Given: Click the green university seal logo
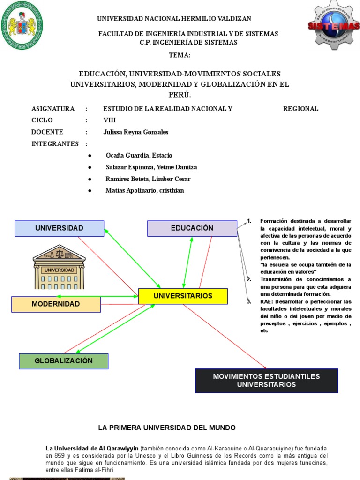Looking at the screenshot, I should click(x=22, y=25).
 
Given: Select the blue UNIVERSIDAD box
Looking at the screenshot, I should click(x=59, y=228).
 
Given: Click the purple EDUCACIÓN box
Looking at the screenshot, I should click(x=192, y=228).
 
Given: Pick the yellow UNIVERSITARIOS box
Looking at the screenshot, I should click(x=183, y=296).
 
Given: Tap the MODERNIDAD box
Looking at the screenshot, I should click(x=56, y=304).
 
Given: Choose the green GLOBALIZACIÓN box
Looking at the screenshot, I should click(x=64, y=361).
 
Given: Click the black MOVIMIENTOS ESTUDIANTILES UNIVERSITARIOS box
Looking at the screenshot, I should click(x=266, y=381).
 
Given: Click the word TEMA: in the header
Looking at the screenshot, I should click(x=180, y=55).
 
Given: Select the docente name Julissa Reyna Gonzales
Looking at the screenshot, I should click(x=135, y=132).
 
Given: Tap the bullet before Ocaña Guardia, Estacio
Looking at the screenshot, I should click(x=90, y=156).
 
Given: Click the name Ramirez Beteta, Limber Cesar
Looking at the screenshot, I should click(x=148, y=179).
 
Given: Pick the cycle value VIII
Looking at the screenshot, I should click(x=109, y=120).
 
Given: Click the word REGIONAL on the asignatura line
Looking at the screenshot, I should click(x=300, y=109).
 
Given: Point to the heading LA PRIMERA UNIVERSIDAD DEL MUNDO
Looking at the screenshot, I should click(x=166, y=428).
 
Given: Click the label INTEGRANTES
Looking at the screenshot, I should click(x=55, y=144).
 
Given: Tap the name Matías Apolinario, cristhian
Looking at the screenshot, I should click(x=145, y=191).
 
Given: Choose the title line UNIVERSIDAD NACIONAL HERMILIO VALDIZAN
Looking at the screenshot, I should click(x=174, y=19).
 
